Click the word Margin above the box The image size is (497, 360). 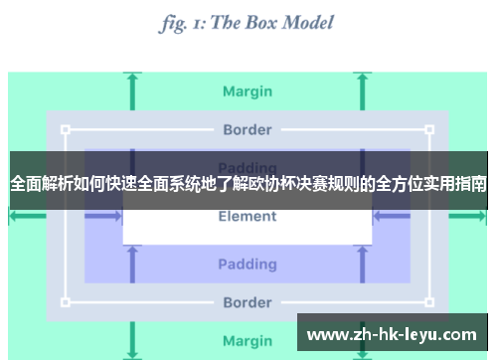[248, 91]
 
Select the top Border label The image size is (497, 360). [248, 129]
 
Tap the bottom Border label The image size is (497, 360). [248, 302]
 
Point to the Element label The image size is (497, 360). [248, 217]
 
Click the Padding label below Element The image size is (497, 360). [248, 265]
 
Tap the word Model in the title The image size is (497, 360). [309, 22]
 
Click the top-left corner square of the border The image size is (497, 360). [66, 129]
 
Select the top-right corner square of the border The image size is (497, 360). [430, 129]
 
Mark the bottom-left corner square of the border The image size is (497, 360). [66, 302]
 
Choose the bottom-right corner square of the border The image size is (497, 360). [430, 302]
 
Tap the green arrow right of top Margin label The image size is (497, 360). [364, 91]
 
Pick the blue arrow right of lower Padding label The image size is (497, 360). [364, 265]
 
